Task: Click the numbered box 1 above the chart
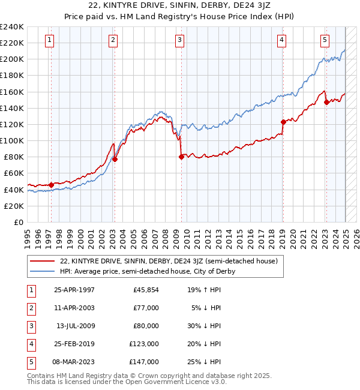[x=49, y=40]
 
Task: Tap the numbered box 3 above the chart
[x=179, y=40]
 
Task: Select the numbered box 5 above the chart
[x=325, y=40]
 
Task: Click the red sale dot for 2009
[x=181, y=157]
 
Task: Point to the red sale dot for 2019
[x=283, y=122]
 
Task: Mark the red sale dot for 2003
[x=115, y=159]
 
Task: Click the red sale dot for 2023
[x=326, y=102]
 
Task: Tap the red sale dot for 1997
[x=51, y=184]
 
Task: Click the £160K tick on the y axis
[x=13, y=92]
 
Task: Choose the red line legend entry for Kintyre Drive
[x=168, y=261]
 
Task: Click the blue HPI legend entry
[x=147, y=271]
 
